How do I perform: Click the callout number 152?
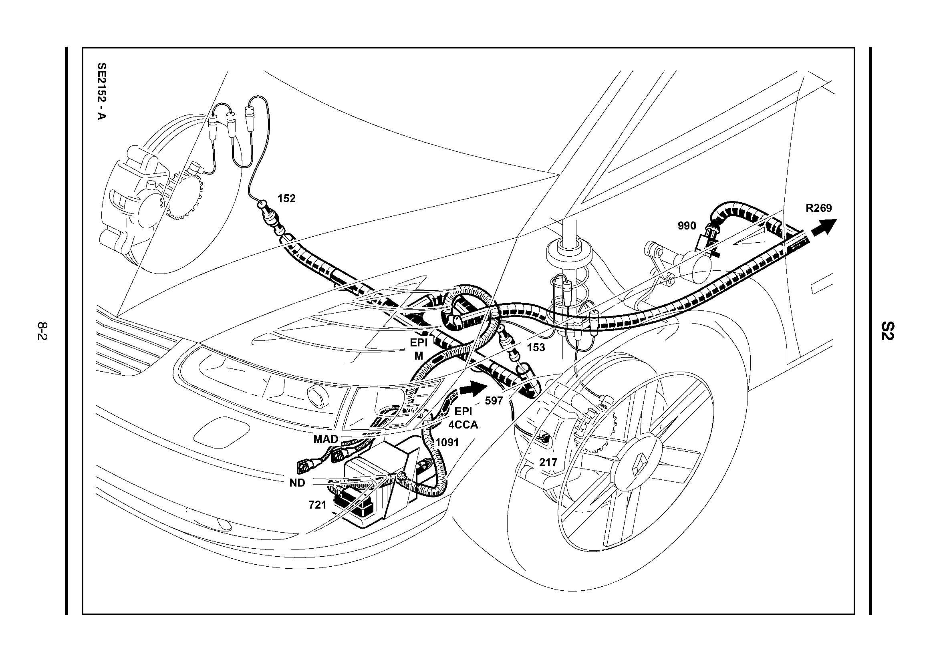[x=286, y=199]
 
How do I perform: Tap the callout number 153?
[x=536, y=348]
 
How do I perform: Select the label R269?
[x=818, y=208]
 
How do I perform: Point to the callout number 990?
[x=687, y=225]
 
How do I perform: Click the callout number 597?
[x=494, y=400]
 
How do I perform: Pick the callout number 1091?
[x=447, y=442]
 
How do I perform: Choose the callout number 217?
[x=548, y=463]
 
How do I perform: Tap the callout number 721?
[x=318, y=505]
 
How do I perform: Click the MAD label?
[x=326, y=439]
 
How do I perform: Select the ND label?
[x=297, y=483]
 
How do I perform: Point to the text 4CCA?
[x=463, y=425]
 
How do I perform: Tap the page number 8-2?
[x=42, y=331]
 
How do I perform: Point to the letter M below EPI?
[x=419, y=356]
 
